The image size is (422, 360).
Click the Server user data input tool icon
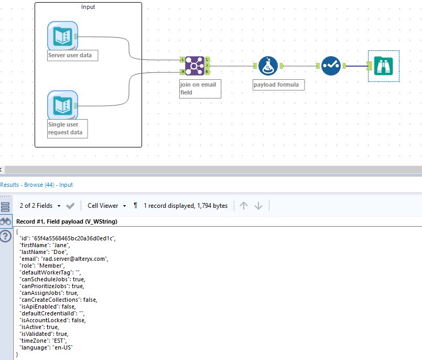[62, 36]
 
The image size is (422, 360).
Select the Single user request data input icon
[62, 105]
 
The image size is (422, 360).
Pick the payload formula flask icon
[268, 66]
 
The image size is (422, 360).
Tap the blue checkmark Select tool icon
[331, 66]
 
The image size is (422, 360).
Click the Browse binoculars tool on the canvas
[384, 66]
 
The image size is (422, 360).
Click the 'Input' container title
[88, 7]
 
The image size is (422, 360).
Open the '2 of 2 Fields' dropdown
[40, 206]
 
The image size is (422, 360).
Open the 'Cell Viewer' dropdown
[107, 206]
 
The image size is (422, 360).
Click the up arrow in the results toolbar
[243, 206]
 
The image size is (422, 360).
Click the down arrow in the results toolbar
[258, 206]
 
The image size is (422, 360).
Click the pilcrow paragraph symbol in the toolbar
[136, 206]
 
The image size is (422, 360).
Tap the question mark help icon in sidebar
[6, 237]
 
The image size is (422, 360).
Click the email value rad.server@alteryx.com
[77, 259]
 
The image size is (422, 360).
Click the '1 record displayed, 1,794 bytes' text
[186, 206]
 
